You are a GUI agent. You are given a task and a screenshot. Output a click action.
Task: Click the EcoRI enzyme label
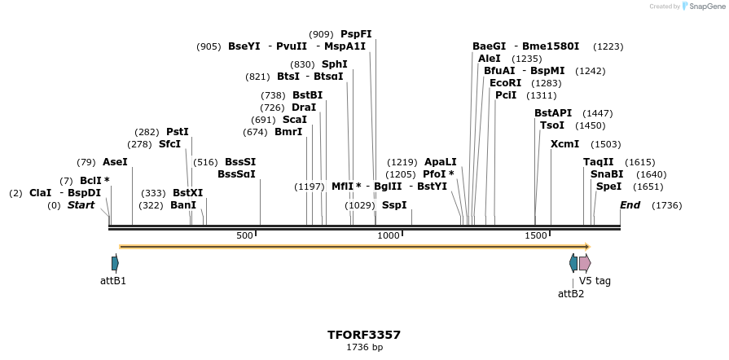(505, 83)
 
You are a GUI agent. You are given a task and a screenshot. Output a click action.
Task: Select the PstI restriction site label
(177, 132)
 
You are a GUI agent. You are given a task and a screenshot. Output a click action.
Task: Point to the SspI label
(394, 205)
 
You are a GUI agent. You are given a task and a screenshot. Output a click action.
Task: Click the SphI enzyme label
(334, 64)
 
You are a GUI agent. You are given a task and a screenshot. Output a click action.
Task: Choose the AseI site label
(115, 162)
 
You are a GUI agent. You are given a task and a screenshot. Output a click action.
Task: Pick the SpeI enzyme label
(608, 187)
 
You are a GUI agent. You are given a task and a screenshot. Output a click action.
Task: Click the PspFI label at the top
(356, 34)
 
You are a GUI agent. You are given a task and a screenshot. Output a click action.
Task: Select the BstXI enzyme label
(187, 193)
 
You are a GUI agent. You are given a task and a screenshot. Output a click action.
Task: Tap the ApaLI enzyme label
(441, 162)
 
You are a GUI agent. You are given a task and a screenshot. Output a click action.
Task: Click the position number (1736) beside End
(666, 205)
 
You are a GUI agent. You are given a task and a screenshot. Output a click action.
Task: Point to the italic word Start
(81, 205)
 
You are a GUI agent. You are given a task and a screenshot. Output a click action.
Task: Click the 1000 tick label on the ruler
(389, 235)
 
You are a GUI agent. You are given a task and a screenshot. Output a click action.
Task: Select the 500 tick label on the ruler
(244, 235)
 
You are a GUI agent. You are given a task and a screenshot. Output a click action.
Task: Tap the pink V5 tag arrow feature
(585, 263)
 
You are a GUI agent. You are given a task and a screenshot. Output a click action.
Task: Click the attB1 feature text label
(113, 281)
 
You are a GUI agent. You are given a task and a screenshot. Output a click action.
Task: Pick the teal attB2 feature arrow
(573, 263)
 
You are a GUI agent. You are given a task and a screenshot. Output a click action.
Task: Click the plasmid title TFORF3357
(364, 335)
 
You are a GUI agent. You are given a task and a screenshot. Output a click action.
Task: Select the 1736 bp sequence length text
(364, 348)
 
